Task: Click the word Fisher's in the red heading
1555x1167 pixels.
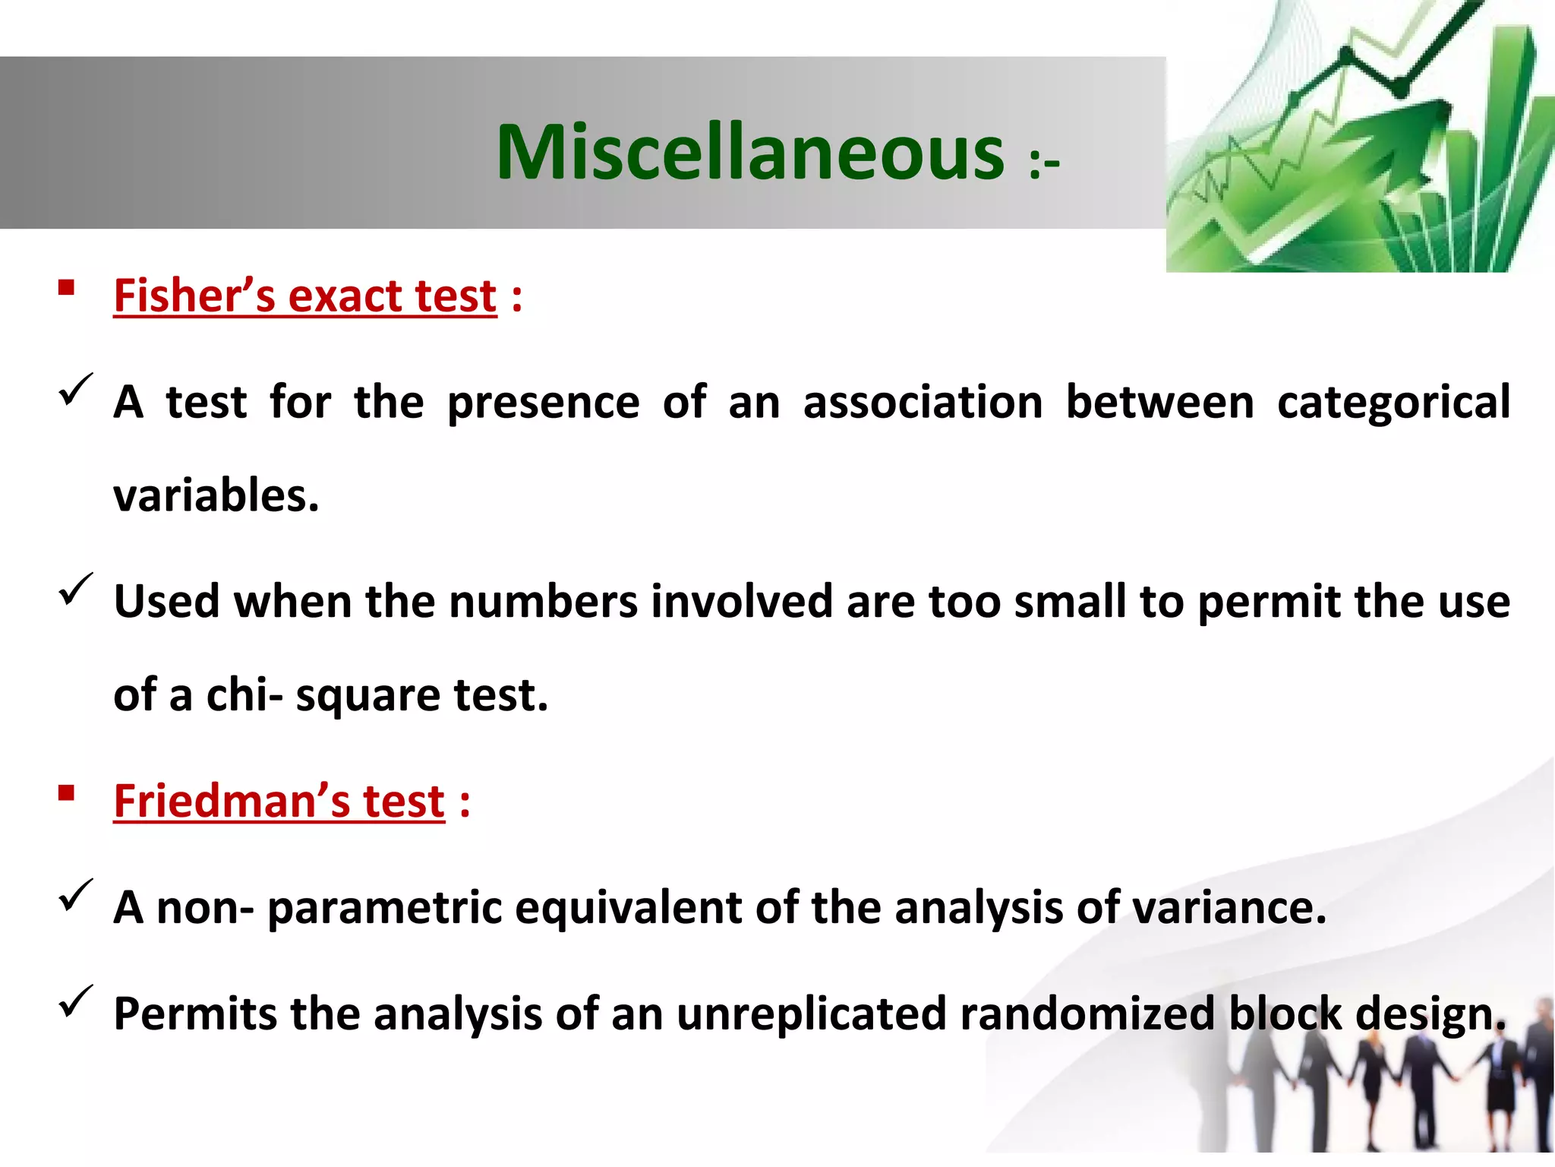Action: [x=194, y=296]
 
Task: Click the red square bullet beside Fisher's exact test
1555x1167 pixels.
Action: [x=66, y=287]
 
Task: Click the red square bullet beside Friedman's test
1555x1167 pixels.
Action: [x=66, y=793]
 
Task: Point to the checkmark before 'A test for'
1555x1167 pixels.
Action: [x=75, y=389]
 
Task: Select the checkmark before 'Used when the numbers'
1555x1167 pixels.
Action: [x=75, y=589]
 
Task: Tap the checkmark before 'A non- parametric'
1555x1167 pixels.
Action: [x=75, y=894]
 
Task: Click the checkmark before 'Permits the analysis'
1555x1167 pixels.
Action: [x=75, y=1001]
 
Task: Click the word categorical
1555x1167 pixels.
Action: [x=1393, y=403]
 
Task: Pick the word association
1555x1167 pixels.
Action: [x=923, y=403]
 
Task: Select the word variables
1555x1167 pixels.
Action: [x=216, y=496]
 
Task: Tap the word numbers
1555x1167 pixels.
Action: [x=543, y=602]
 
